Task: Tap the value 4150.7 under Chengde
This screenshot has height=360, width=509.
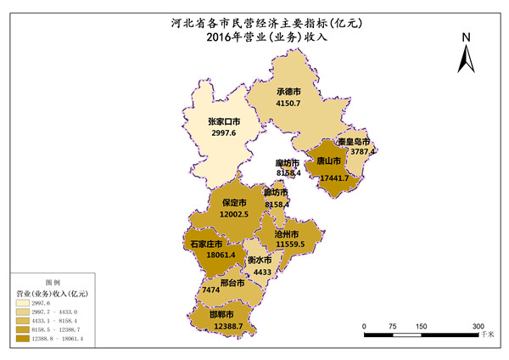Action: (x=288, y=103)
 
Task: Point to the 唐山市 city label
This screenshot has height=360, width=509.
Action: (x=328, y=160)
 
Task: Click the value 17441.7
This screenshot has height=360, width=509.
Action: (x=333, y=177)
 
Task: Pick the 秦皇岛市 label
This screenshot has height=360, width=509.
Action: (x=353, y=141)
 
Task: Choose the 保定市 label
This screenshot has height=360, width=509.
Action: (x=234, y=203)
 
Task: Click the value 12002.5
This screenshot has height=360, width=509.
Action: (x=234, y=214)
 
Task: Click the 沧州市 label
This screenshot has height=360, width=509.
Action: (x=287, y=233)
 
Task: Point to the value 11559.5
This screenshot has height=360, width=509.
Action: (x=290, y=244)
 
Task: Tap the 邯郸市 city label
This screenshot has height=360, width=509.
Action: (x=223, y=314)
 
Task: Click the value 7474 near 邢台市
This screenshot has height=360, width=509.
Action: (x=211, y=290)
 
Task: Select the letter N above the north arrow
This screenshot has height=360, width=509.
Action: (x=466, y=37)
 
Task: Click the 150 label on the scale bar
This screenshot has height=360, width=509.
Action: (x=422, y=326)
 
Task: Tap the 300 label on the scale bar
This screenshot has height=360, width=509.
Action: (x=478, y=326)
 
